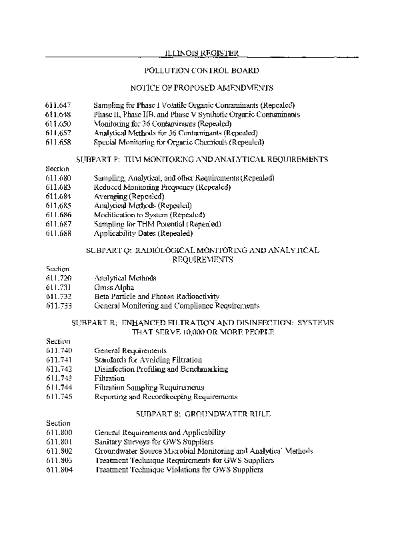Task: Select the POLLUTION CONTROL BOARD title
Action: coord(201,70)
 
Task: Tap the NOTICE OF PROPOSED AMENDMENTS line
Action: coord(201,88)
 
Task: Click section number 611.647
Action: coord(58,105)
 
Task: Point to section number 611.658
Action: coord(58,142)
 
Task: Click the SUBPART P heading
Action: coord(201,160)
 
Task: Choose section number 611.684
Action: coord(58,197)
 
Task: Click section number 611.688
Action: coord(58,234)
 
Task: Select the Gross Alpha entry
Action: coord(114,287)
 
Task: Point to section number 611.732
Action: coord(58,296)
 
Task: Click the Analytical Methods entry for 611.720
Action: coord(125,278)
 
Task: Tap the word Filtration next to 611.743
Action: coord(109,378)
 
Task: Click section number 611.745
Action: coord(58,396)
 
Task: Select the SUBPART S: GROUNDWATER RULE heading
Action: coord(201,414)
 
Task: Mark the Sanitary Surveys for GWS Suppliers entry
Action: coord(154,442)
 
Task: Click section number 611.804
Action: coord(58,470)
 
